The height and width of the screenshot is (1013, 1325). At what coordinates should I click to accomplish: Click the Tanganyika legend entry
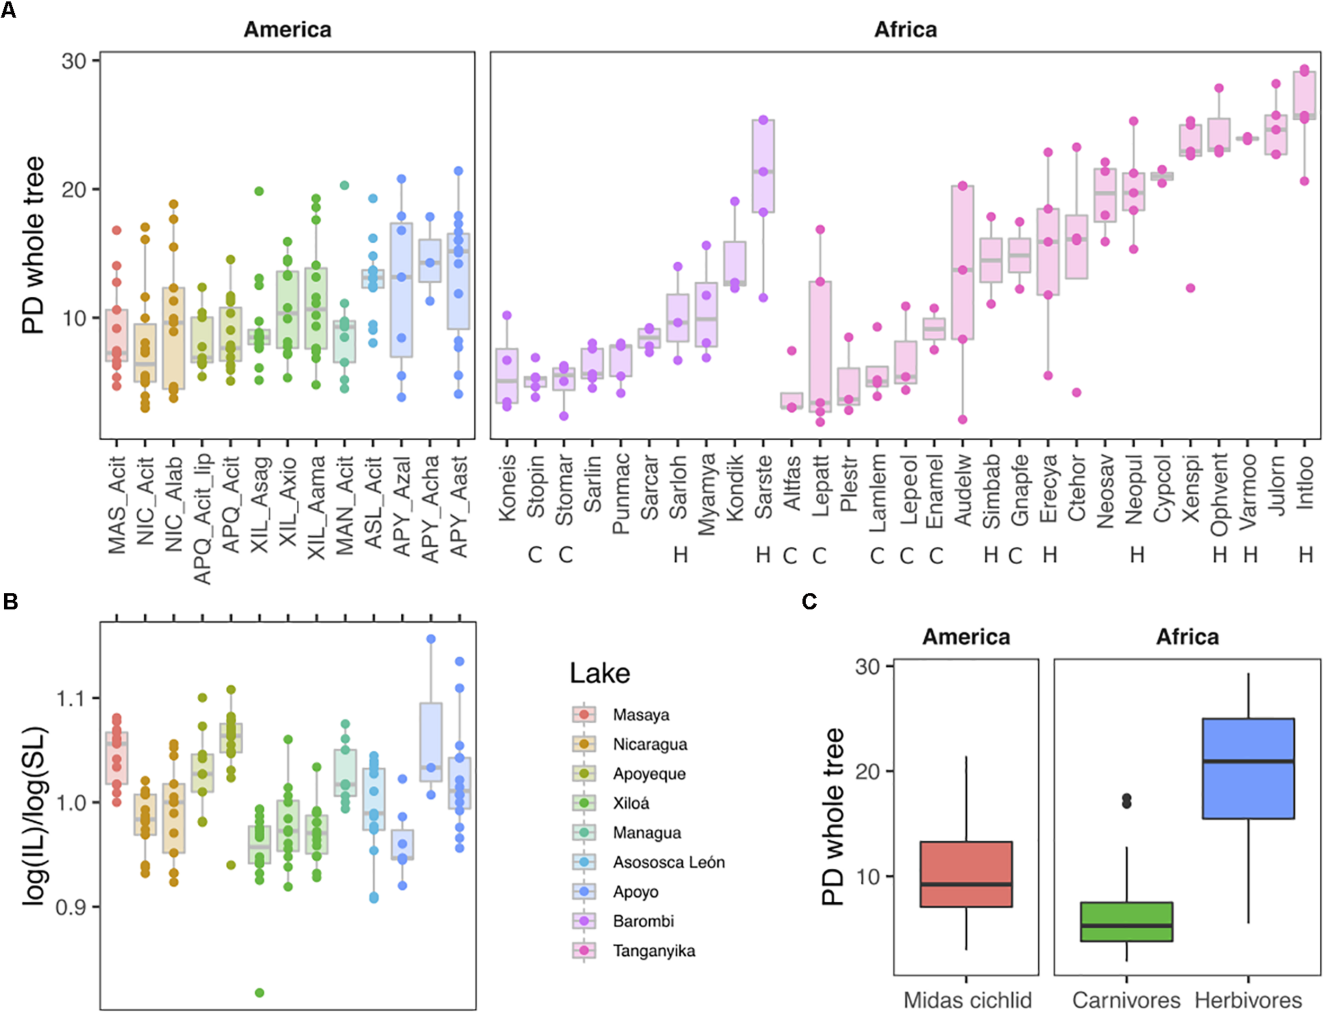654,951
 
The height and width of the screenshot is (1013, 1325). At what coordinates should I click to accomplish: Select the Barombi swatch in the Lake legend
584,921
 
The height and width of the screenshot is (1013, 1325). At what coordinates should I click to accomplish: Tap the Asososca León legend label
669,862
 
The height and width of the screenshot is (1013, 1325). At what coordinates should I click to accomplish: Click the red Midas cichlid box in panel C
966,874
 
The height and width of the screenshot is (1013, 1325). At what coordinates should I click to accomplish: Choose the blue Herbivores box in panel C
1248,768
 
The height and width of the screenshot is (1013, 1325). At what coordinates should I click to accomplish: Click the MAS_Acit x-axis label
117,505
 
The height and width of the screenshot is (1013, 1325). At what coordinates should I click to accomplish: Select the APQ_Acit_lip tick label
202,519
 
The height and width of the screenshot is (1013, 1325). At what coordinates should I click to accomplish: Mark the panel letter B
10,602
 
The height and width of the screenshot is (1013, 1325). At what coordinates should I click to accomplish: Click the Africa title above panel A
905,30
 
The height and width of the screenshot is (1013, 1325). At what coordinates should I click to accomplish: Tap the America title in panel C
966,637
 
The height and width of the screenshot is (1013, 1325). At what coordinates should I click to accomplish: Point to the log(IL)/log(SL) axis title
34,817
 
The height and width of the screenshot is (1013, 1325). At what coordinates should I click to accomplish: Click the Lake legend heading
600,673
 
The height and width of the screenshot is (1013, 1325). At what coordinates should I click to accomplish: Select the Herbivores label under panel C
1248,1000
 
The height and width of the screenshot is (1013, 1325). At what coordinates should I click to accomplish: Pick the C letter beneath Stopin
535,555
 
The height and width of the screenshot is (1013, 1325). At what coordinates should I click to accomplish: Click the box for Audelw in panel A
962,262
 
